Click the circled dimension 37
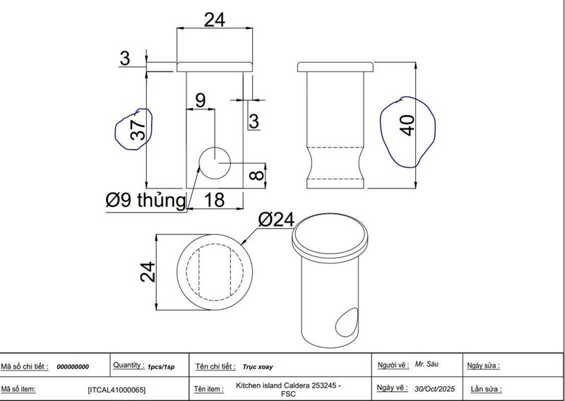(x=137, y=129)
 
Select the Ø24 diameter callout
(x=275, y=220)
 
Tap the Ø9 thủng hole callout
(x=145, y=200)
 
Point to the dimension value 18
(x=214, y=200)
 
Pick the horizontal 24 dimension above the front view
(x=214, y=20)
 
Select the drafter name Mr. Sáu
(x=427, y=364)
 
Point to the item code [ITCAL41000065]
(x=117, y=389)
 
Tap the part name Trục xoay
(x=258, y=367)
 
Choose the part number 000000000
(x=73, y=367)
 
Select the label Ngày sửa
(x=483, y=366)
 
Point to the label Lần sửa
(x=484, y=389)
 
